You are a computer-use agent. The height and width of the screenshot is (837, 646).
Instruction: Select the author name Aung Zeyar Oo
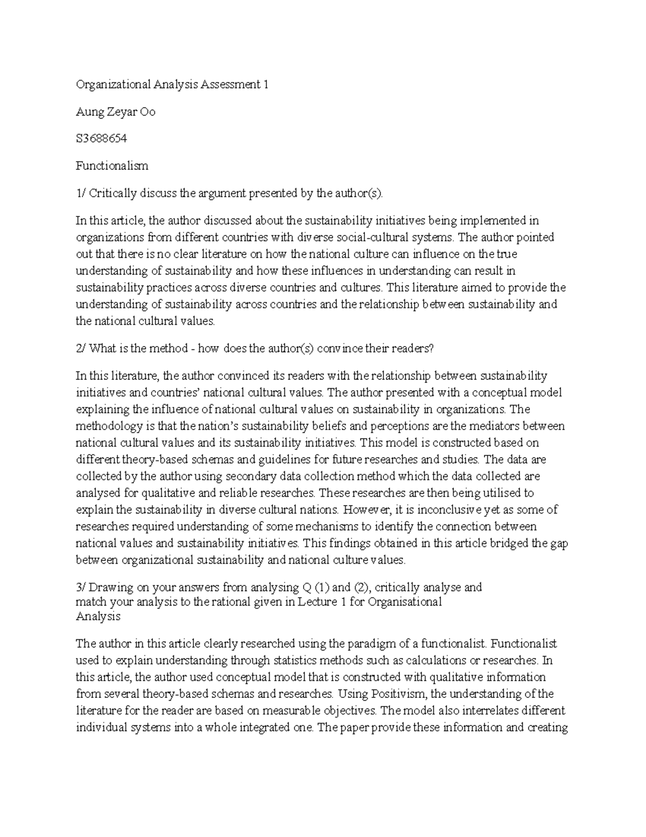click(x=115, y=112)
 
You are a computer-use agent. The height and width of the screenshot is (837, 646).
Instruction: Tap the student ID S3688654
click(x=101, y=139)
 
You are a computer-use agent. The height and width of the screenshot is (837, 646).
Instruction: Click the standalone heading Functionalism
click(x=112, y=166)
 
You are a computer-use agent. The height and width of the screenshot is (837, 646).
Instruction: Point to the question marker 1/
click(x=81, y=193)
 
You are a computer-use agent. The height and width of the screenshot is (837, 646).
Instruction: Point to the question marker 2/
click(x=81, y=349)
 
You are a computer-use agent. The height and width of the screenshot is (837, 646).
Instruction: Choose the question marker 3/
click(x=81, y=587)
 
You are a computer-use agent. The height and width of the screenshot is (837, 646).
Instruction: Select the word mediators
click(x=496, y=426)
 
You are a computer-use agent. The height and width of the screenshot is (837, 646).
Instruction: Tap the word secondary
click(x=251, y=476)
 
